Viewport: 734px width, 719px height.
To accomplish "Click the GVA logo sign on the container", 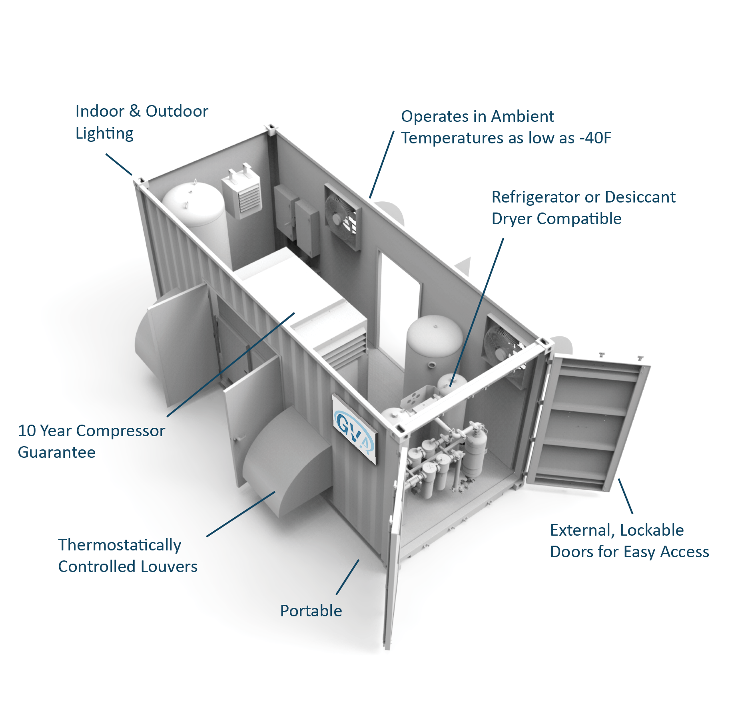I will [x=355, y=429].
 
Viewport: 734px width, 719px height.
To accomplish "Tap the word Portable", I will [x=311, y=611].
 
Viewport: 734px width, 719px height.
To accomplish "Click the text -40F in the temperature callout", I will [x=595, y=138].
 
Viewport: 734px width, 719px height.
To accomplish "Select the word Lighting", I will [x=104, y=134].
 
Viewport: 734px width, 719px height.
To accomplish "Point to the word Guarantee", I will [x=57, y=453].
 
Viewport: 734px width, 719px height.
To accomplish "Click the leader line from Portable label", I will [x=347, y=577].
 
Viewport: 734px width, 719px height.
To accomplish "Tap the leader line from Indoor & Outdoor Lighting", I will [x=119, y=164].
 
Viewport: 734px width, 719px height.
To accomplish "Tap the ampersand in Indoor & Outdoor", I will [x=135, y=111].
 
